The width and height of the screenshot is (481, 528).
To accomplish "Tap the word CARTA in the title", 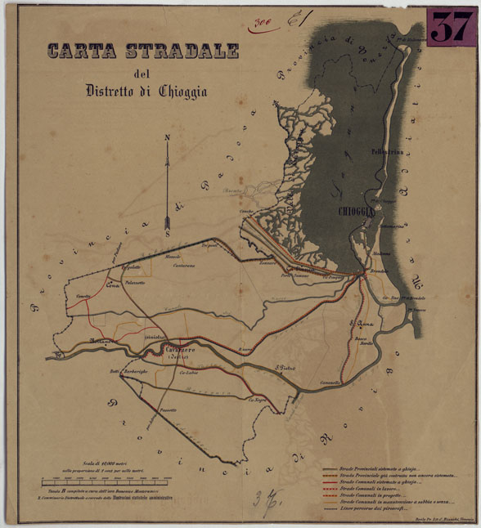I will pos(77,51).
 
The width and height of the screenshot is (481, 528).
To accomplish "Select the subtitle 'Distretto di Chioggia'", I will pos(146,91).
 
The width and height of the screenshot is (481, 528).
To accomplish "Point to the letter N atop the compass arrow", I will pos(167,137).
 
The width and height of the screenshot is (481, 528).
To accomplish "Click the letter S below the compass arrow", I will pos(167,232).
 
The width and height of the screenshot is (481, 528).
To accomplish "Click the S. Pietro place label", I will pos(284,368).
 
